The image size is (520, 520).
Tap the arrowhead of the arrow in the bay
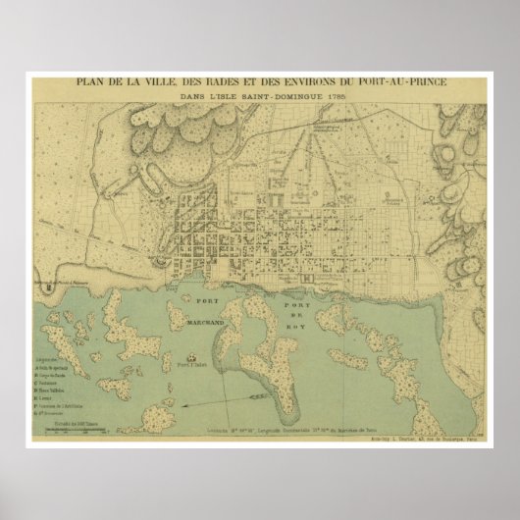[183, 404]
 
